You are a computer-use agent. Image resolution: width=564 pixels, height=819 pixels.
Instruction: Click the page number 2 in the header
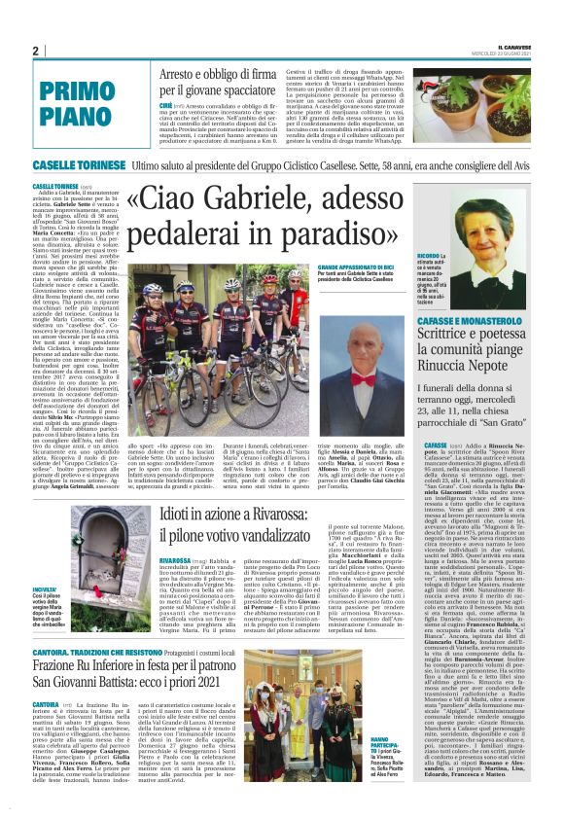(35, 52)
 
